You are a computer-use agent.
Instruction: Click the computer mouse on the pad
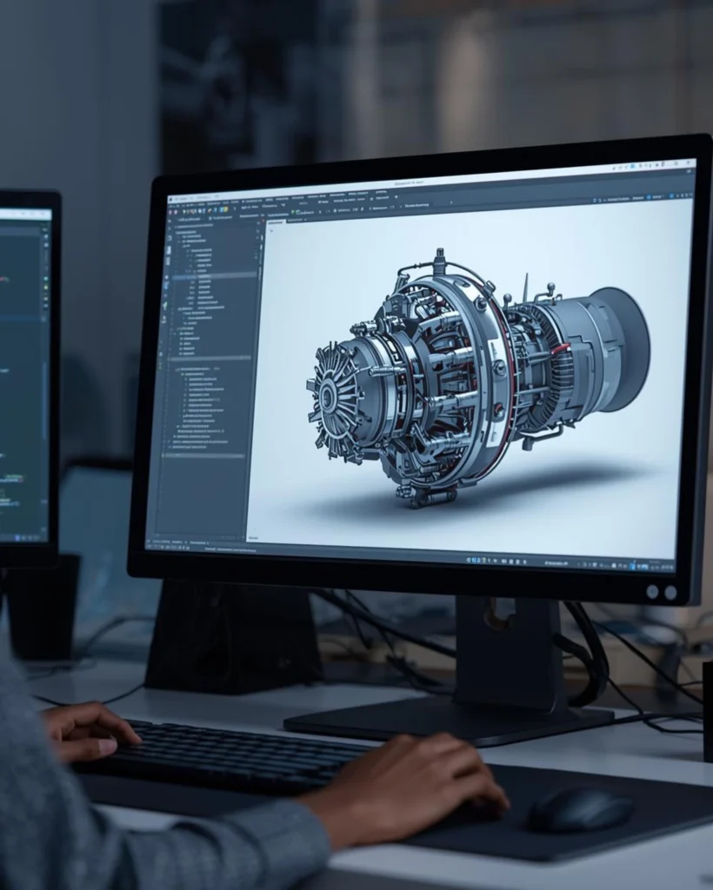(x=581, y=809)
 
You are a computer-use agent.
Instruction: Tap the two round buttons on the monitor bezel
(x=661, y=592)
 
